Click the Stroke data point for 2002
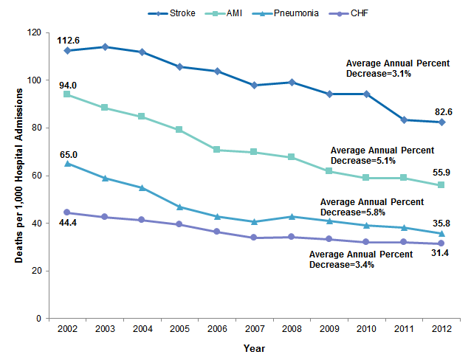click(68, 51)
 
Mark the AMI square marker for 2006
click(218, 150)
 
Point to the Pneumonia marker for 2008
click(292, 217)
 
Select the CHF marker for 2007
click(255, 238)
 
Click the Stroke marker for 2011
click(405, 120)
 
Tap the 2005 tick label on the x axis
click(180, 330)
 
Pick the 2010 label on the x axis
click(367, 330)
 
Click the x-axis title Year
click(255, 348)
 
